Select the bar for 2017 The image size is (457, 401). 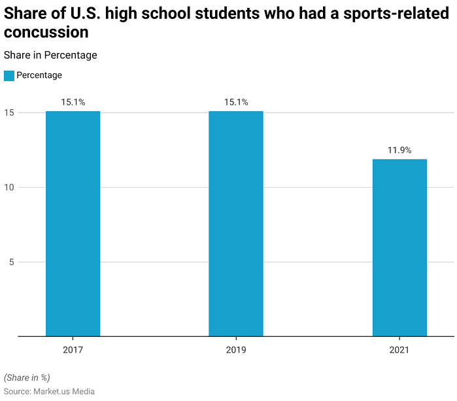click(73, 224)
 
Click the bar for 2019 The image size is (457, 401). click(236, 224)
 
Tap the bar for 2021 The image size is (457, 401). click(399, 247)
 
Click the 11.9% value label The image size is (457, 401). click(399, 150)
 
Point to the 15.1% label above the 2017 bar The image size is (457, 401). click(73, 102)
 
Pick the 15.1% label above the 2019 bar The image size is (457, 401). click(236, 102)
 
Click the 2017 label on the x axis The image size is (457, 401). click(73, 350)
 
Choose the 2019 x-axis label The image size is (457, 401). click(236, 350)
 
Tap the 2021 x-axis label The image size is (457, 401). click(399, 350)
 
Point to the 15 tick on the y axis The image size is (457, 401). click(8, 113)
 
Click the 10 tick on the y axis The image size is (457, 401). click(8, 188)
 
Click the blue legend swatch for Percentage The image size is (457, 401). click(8, 75)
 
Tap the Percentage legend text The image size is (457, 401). click(39, 75)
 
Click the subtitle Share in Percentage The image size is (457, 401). click(50, 55)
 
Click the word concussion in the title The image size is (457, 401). click(46, 32)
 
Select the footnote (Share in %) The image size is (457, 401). click(27, 377)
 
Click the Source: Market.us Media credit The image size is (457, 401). click(49, 391)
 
